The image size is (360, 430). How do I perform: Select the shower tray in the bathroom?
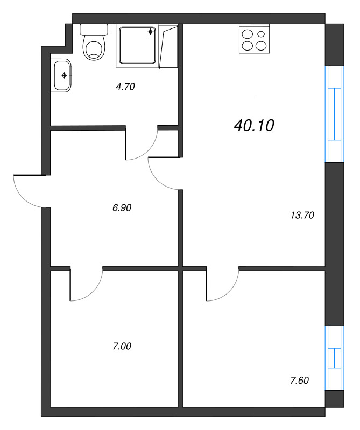click(x=138, y=46)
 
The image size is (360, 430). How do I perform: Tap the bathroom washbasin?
click(x=61, y=75)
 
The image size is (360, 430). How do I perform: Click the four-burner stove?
click(x=253, y=39)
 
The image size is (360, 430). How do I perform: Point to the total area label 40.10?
click(x=255, y=125)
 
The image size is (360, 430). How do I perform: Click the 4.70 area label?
click(x=124, y=86)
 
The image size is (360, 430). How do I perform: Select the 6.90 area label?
click(x=122, y=207)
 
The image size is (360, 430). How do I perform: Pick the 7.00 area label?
click(x=122, y=346)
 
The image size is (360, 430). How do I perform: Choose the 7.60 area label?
click(x=300, y=381)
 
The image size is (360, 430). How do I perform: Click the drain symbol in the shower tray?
click(x=151, y=32)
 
